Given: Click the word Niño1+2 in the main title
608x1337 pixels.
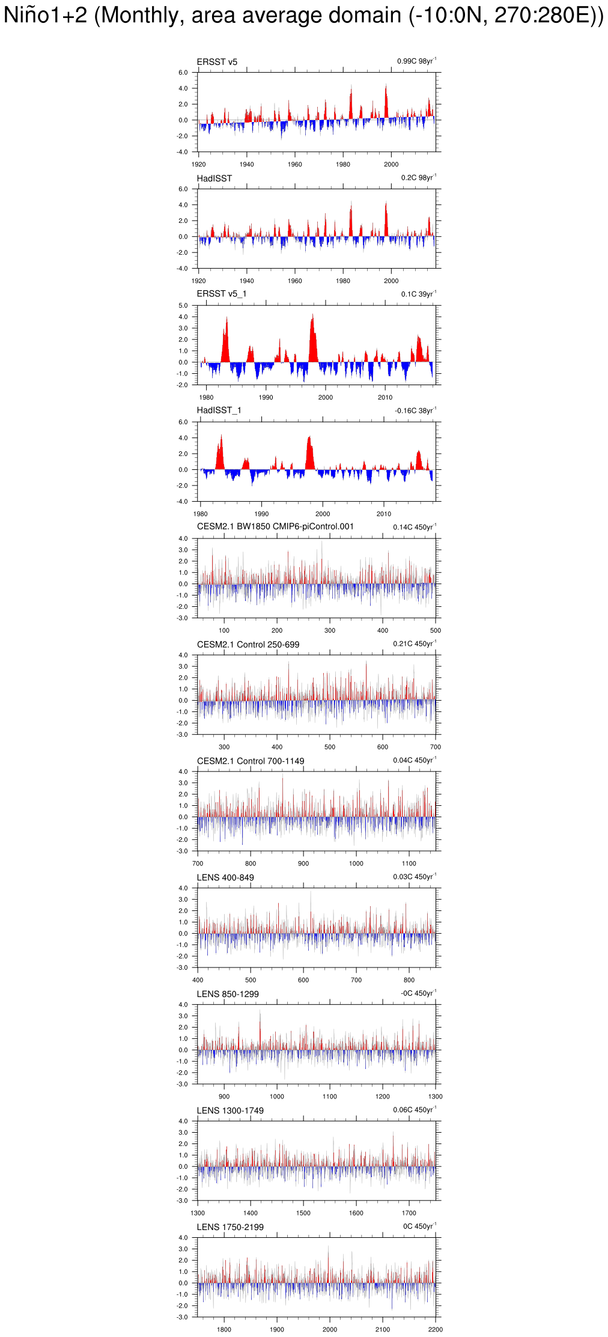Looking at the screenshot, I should [46, 16].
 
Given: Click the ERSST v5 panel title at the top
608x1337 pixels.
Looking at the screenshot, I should [217, 62].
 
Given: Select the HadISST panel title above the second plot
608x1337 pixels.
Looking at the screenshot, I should [214, 178].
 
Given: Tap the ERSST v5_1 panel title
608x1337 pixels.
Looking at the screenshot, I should [221, 294].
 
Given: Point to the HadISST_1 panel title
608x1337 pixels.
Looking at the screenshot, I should [219, 410].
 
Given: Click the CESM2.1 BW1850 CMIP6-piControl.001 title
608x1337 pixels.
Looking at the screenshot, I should [275, 526].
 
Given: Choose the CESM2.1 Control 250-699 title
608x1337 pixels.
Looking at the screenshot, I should [248, 644].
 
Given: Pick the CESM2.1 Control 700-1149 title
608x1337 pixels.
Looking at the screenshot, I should [250, 761].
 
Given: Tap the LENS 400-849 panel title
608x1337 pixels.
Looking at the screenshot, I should [225, 877].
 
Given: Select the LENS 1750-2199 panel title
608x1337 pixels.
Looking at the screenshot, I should [230, 1227].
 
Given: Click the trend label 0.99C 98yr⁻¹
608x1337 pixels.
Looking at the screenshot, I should [416, 61].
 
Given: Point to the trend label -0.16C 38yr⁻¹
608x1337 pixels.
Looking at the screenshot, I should [415, 410].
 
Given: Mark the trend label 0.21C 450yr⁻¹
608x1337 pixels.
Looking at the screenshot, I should [415, 644].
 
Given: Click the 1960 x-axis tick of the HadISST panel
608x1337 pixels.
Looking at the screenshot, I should [295, 281].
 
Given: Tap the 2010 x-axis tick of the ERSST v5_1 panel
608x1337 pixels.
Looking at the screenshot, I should [385, 397].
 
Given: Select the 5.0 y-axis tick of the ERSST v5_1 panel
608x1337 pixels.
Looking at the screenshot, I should [183, 305].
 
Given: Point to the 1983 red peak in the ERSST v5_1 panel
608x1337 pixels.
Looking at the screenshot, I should [226, 324].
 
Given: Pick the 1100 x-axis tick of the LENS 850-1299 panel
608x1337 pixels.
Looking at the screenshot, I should [330, 1097].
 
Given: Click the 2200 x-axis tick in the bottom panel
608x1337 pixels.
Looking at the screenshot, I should [436, 1330].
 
